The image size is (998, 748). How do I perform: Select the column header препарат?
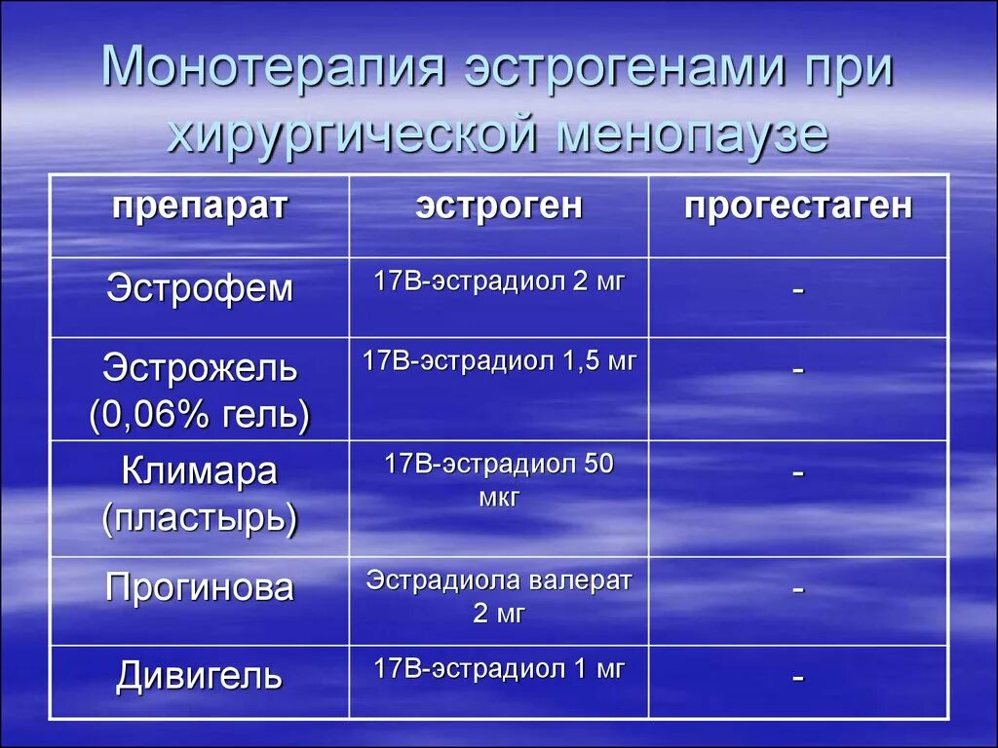[199, 206]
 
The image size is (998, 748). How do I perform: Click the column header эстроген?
[499, 206]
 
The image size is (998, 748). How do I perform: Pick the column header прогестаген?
[798, 206]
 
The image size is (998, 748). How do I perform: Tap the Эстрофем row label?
[199, 289]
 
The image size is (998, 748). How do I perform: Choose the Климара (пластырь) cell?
[199, 495]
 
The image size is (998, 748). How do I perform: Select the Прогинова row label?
[199, 588]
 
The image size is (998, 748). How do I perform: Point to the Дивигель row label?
[199, 675]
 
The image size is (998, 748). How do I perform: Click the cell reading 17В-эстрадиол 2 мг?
[499, 282]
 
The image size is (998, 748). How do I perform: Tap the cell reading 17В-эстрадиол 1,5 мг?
[499, 361]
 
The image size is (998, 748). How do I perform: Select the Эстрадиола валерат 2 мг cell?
[499, 596]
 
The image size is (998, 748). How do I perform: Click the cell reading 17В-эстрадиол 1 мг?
[499, 668]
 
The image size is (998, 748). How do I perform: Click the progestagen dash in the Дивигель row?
[798, 679]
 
